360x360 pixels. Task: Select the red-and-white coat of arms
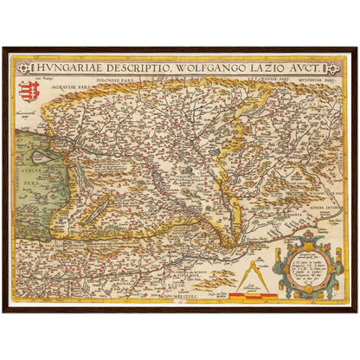[x=26, y=89]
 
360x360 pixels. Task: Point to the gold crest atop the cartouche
[x=309, y=235]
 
